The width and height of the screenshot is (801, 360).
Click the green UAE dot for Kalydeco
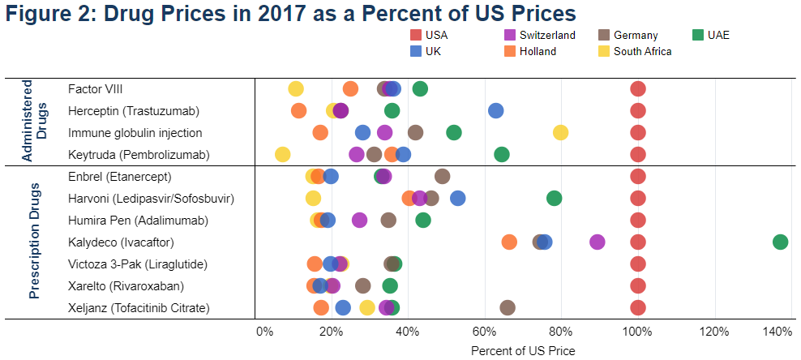[780, 242]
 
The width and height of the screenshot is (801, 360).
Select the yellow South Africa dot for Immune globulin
[560, 132]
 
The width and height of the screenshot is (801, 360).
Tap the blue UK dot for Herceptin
[495, 110]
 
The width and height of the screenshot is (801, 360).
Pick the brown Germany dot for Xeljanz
[508, 307]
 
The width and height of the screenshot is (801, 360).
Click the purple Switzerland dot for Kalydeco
[598, 242]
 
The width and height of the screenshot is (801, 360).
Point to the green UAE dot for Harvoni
[554, 198]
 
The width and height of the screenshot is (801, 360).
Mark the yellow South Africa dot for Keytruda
[282, 154]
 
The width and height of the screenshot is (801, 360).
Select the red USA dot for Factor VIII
[638, 88]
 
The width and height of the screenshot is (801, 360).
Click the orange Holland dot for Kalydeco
[509, 242]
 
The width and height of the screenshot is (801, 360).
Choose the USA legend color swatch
[415, 35]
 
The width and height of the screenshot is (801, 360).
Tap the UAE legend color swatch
[697, 35]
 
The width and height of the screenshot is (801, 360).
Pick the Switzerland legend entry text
[547, 35]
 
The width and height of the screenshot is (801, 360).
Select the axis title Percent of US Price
[523, 350]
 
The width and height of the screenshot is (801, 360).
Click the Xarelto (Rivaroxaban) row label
[126, 285]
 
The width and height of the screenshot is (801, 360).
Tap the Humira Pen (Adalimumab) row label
[138, 220]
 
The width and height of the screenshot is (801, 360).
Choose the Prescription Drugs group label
[35, 242]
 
